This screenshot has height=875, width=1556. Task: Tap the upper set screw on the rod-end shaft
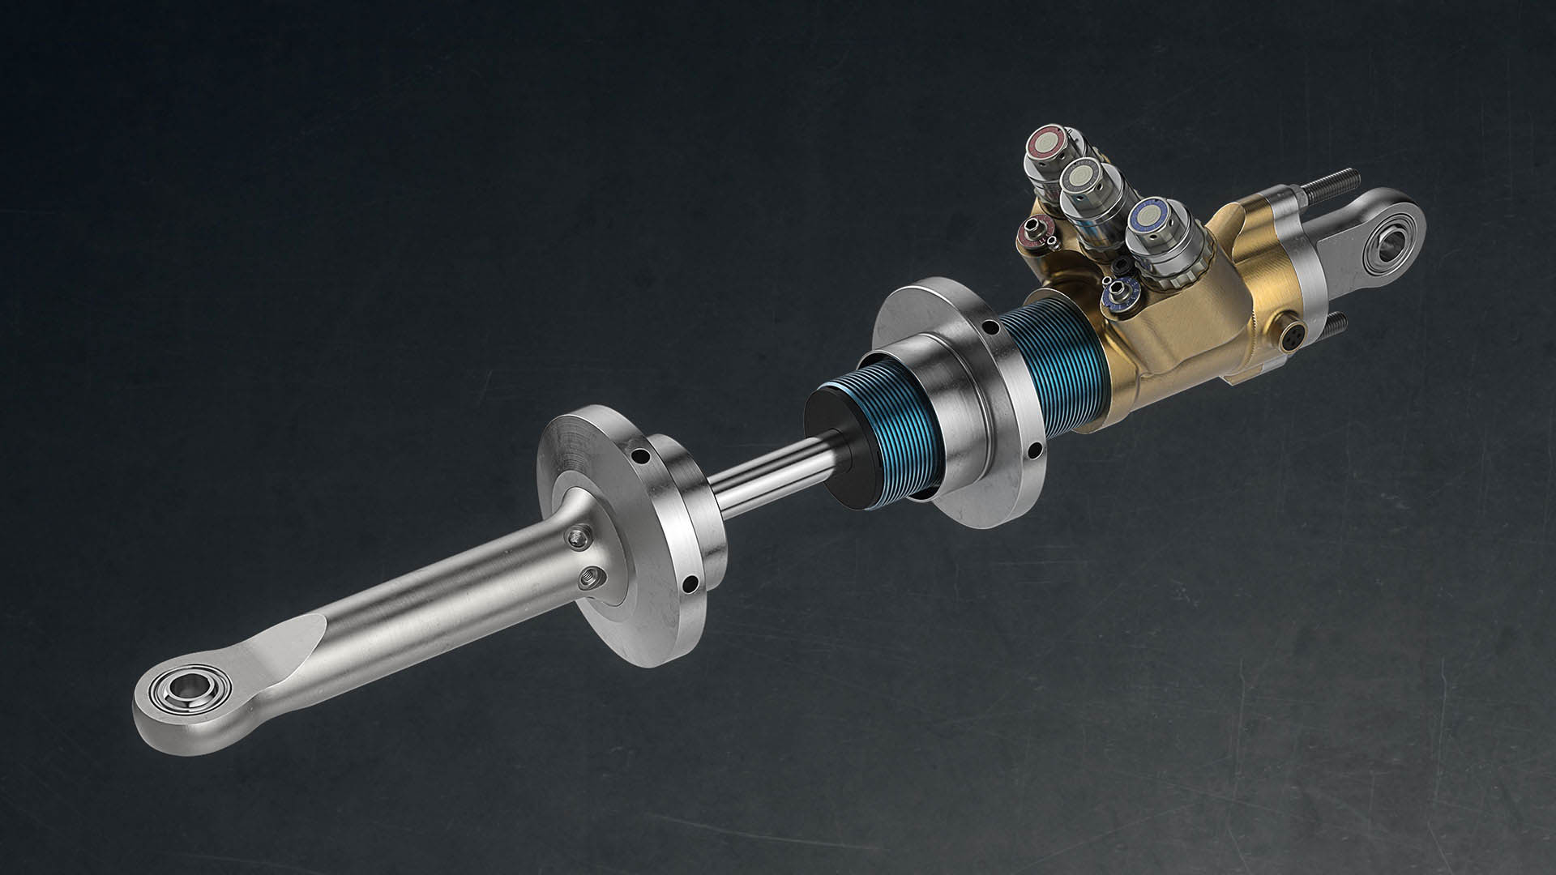pyautogui.click(x=577, y=536)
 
